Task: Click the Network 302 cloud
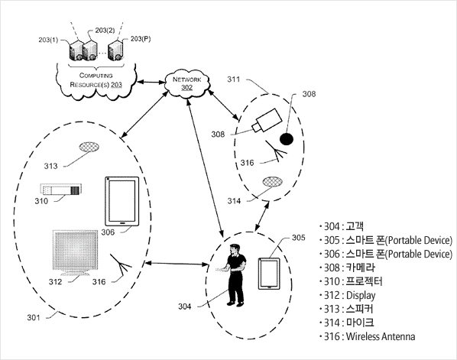(x=187, y=83)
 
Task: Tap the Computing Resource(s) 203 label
(x=96, y=80)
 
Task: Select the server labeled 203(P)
(x=115, y=50)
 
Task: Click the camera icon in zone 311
(x=267, y=120)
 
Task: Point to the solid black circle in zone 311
(x=287, y=139)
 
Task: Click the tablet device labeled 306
(x=122, y=201)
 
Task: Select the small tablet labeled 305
(x=269, y=274)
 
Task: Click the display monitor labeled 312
(x=76, y=253)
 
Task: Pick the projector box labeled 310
(x=61, y=190)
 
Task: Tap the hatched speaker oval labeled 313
(x=89, y=147)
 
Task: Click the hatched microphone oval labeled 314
(x=273, y=182)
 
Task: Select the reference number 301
(x=34, y=317)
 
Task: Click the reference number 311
(x=234, y=79)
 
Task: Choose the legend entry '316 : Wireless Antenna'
(x=367, y=336)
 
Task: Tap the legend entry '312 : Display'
(x=347, y=295)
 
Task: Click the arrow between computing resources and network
(x=151, y=83)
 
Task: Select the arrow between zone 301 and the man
(x=177, y=264)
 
